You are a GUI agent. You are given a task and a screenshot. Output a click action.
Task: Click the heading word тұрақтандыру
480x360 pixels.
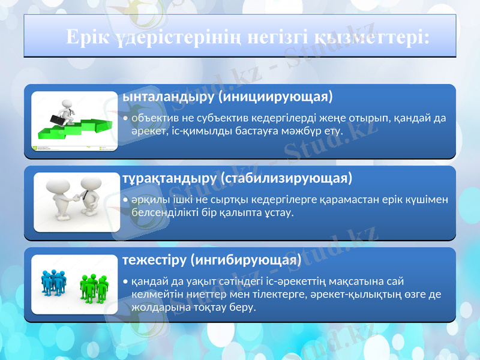pyautogui.click(x=170, y=178)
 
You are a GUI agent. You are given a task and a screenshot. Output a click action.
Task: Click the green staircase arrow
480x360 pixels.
pyautogui.click(x=78, y=127)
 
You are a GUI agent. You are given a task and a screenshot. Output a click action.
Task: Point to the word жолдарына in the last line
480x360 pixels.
pyautogui.click(x=157, y=307)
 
